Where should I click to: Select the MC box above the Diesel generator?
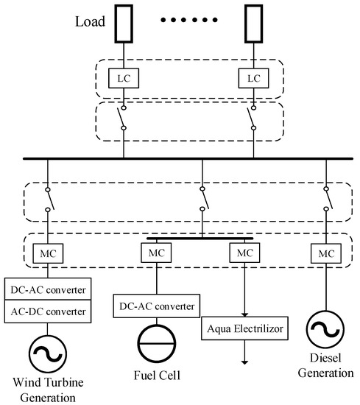click(x=324, y=254)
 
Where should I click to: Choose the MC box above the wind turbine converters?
click(x=46, y=254)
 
